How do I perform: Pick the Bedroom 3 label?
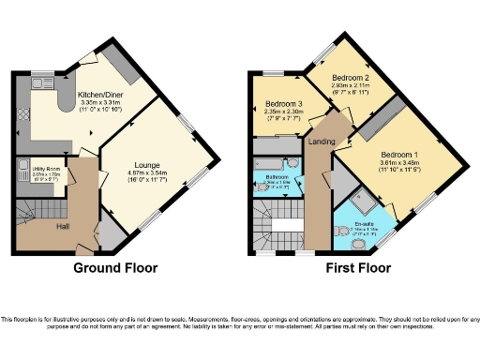(x=282, y=103)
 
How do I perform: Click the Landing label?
(x=322, y=142)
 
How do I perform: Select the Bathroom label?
(x=277, y=176)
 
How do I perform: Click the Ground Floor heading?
(x=115, y=268)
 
